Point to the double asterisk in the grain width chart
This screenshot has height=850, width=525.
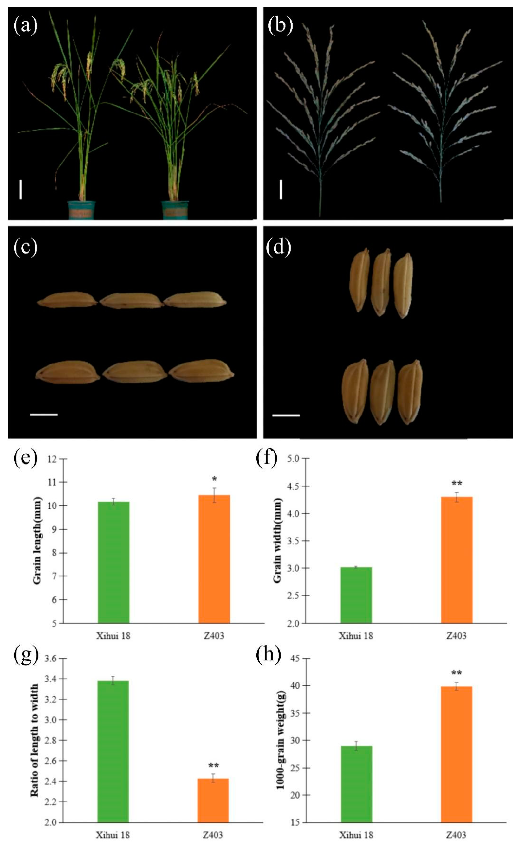point(457,483)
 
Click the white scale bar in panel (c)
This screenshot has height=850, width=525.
point(44,414)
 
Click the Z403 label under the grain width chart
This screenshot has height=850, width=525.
point(456,636)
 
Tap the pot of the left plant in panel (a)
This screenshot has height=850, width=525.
point(82,210)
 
